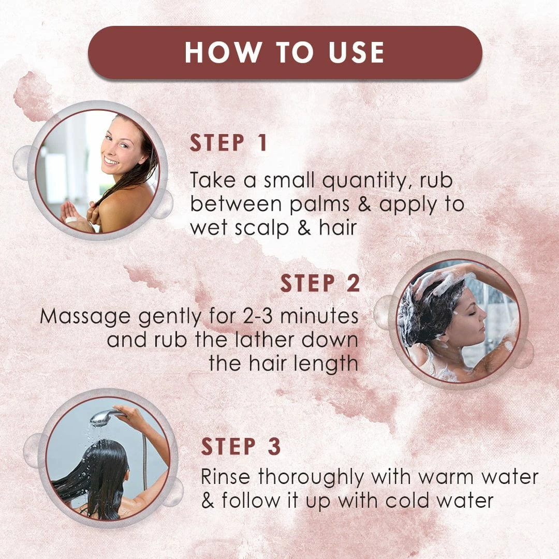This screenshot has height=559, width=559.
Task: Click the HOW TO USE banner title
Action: point(285,52)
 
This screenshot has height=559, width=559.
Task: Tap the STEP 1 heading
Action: point(229,143)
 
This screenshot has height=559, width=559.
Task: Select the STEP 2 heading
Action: point(320,284)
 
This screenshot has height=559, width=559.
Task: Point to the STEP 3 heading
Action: point(241,446)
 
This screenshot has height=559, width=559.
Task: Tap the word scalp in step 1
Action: point(262,228)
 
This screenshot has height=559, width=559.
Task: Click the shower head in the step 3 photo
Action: point(104,418)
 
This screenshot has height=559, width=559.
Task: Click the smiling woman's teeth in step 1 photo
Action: point(112,161)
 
